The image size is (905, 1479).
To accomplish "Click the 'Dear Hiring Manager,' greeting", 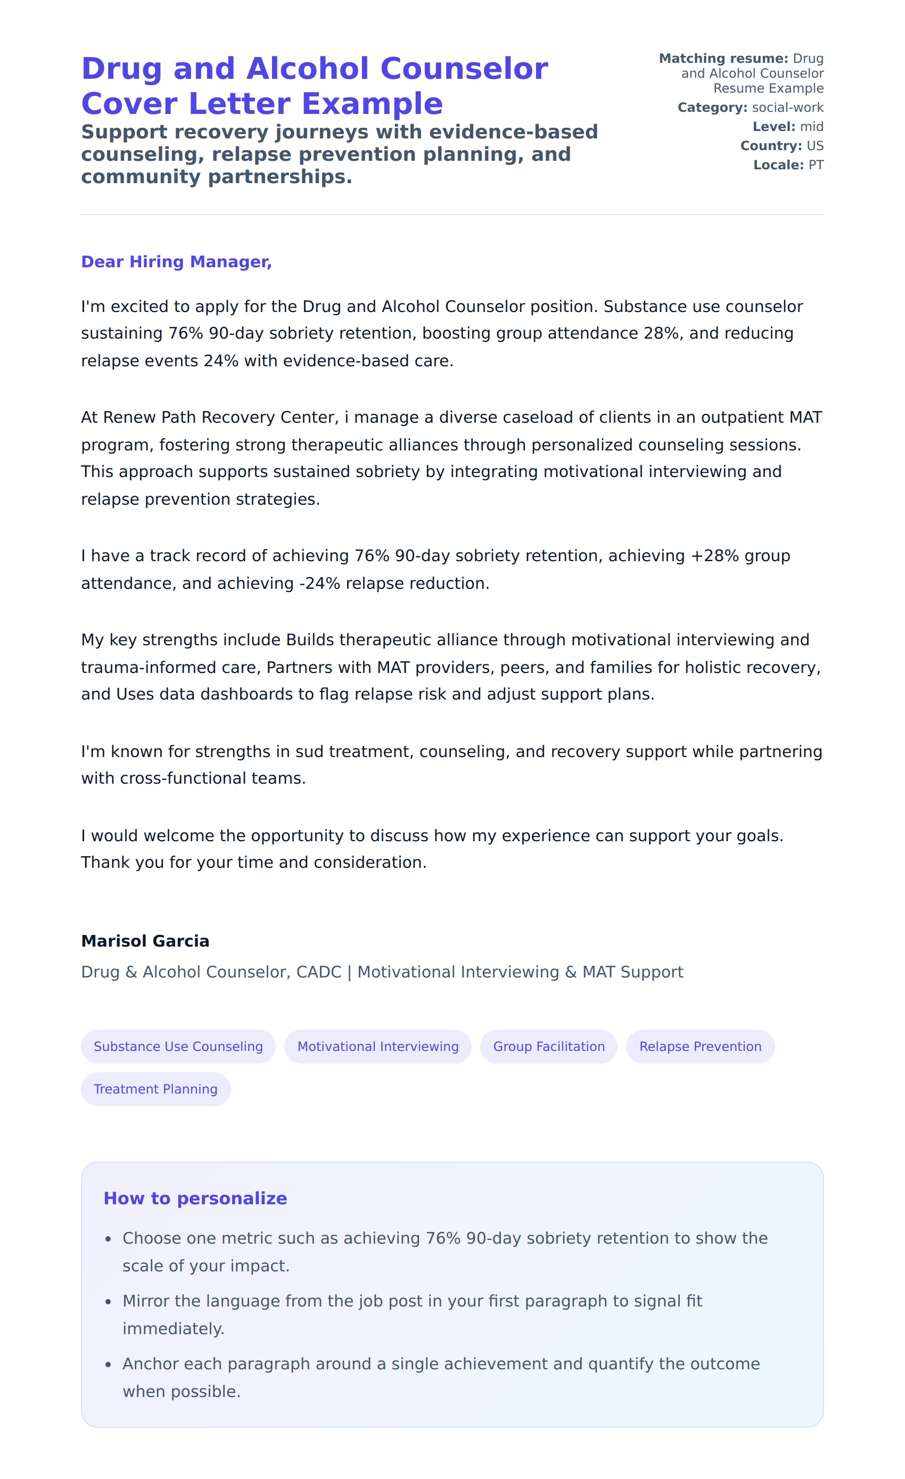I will (x=176, y=262).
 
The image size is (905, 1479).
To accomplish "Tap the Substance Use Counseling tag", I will (x=178, y=1046).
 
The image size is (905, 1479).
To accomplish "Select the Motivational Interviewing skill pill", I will (x=377, y=1046).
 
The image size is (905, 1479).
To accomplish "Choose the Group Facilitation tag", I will (x=548, y=1046).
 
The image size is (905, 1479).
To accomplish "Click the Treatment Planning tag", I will (x=155, y=1089).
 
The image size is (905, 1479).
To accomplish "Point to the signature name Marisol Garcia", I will (x=145, y=941).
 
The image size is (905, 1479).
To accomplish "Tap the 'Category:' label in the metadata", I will (x=712, y=108).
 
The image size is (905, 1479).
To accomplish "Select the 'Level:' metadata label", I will (x=774, y=127).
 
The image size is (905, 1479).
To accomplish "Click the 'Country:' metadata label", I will (x=770, y=146).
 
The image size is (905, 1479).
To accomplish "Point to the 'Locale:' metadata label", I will (x=778, y=165).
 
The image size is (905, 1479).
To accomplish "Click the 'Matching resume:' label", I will (x=723, y=58).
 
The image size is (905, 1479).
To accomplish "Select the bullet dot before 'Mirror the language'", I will (x=108, y=1302).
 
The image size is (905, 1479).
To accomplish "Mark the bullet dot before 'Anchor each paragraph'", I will (x=108, y=1365).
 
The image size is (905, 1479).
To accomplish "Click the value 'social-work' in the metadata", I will (x=787, y=108).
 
